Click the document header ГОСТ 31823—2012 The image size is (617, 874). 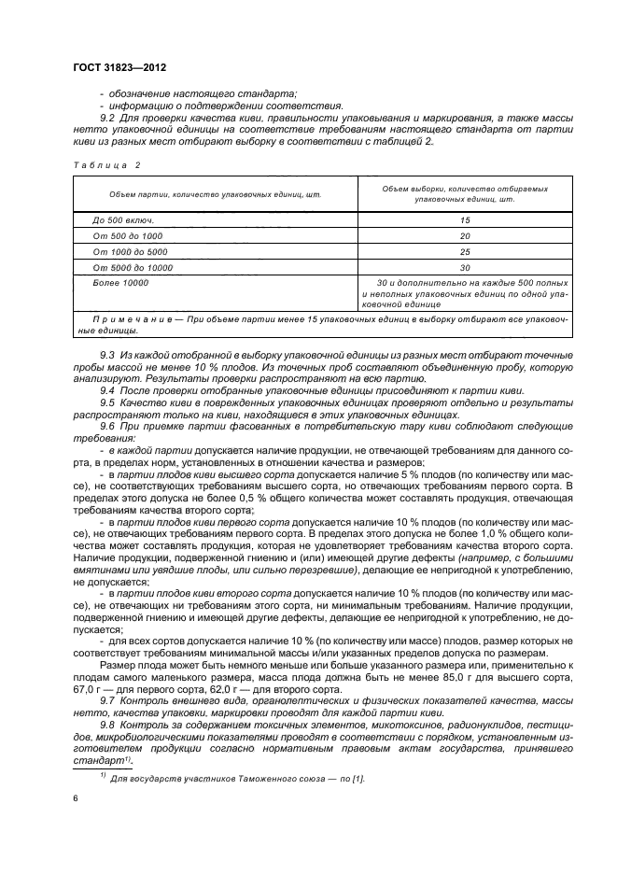(115, 67)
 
